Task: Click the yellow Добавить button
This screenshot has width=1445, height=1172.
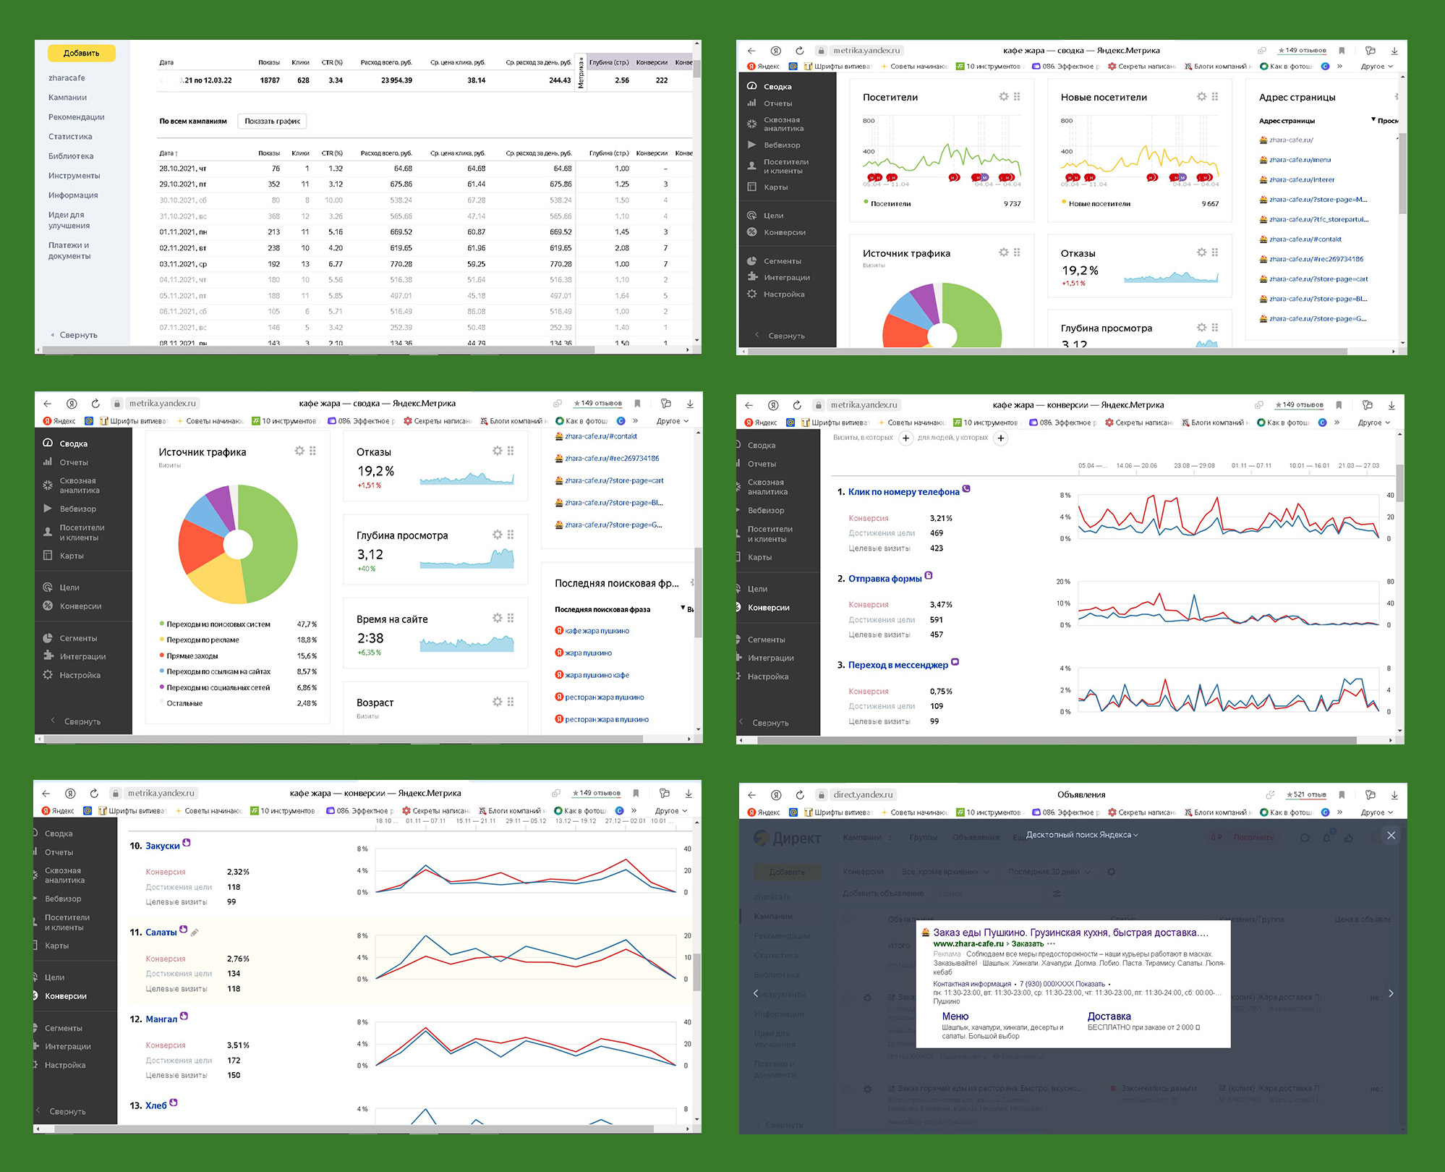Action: pos(81,53)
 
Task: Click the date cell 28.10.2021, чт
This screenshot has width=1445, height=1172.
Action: pos(183,169)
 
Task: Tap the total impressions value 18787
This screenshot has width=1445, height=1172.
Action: pos(270,80)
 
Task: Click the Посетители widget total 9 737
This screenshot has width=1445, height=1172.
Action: pos(1012,204)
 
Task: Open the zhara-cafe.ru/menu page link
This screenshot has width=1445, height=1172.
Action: pos(1300,160)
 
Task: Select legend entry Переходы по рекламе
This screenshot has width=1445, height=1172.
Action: pos(203,640)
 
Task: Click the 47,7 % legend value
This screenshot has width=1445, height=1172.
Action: pos(307,624)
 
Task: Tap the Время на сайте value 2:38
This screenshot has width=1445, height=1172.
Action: pos(370,638)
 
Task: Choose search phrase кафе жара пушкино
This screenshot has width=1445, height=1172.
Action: pos(597,631)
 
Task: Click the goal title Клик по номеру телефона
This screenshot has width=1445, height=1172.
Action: pos(903,492)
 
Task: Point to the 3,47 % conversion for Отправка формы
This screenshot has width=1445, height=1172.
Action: pos(941,605)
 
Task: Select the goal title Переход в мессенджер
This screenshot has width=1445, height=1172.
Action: pos(898,665)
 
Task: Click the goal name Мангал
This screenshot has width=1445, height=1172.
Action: pos(161,1019)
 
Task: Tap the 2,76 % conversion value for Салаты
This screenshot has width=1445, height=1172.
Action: pos(238,959)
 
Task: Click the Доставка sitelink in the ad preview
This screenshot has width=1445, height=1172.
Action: pos(1109,1016)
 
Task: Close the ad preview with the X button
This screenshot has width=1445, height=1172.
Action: pos(1391,836)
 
